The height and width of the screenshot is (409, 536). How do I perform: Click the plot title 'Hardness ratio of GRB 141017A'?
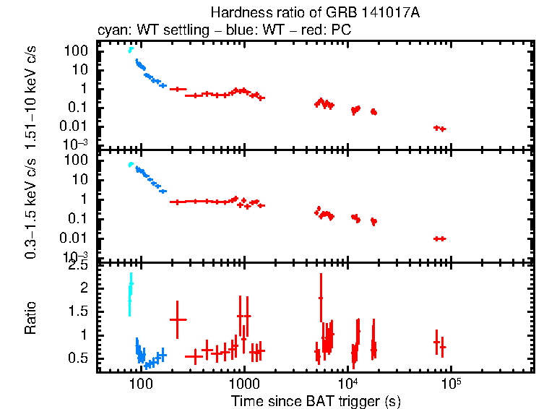[315, 13]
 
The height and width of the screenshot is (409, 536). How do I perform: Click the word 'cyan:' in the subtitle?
[111, 31]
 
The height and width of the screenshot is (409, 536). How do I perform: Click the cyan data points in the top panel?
[131, 49]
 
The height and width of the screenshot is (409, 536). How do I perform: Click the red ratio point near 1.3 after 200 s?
[178, 319]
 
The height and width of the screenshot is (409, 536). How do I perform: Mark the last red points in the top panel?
[439, 128]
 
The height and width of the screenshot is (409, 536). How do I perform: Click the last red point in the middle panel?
[439, 238]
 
